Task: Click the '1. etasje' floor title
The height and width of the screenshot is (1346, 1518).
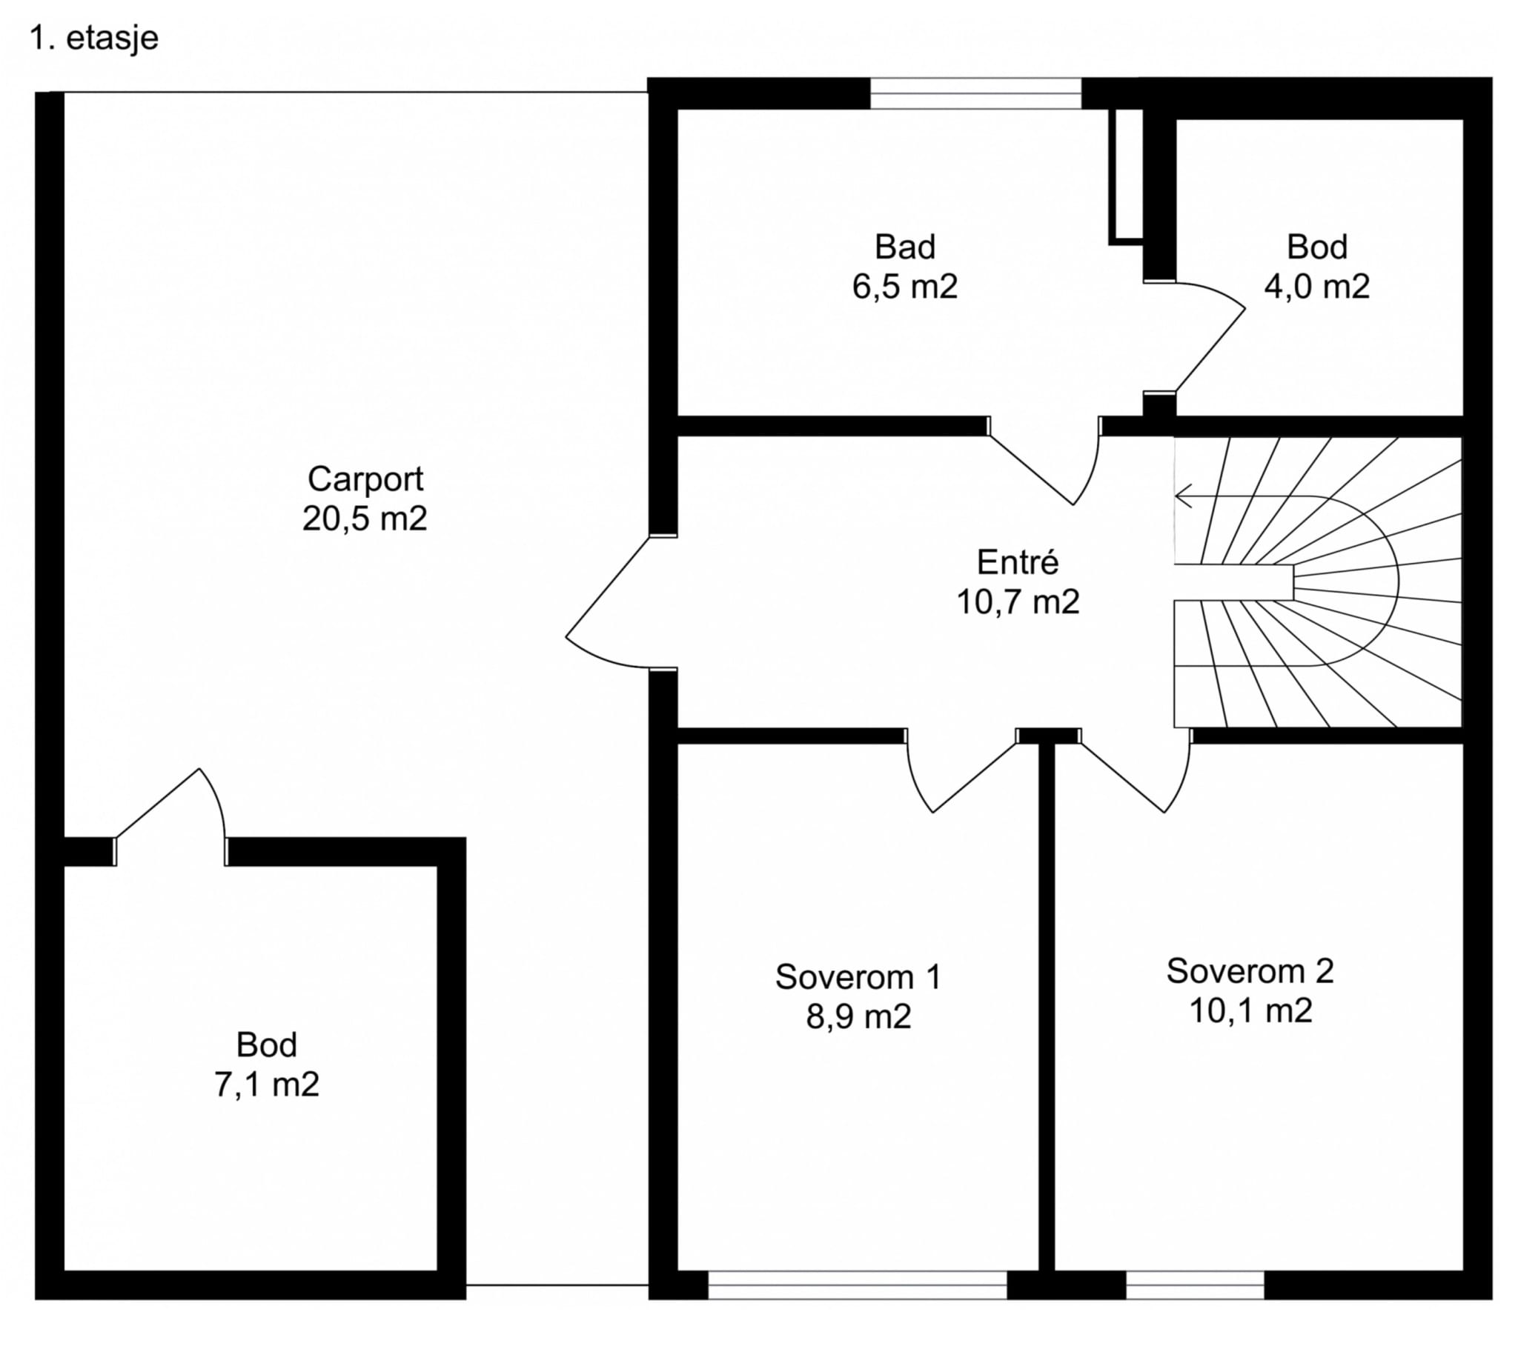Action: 93,39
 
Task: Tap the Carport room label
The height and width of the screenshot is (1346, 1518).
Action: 365,479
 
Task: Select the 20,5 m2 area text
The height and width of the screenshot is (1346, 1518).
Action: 365,519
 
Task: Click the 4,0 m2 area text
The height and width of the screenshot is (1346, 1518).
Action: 1316,287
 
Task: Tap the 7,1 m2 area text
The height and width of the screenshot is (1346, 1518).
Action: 267,1085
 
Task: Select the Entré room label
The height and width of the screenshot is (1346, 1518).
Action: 1017,563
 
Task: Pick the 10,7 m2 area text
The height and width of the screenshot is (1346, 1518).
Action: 1017,602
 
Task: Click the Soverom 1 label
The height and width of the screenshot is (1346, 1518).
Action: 858,977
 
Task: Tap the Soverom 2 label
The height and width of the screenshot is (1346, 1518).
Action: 1250,971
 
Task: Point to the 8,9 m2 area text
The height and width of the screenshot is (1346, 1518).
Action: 858,1016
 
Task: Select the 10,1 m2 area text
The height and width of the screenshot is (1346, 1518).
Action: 1250,1010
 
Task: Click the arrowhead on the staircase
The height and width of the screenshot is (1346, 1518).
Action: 1182,495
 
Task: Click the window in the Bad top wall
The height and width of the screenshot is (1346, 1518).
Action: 975,93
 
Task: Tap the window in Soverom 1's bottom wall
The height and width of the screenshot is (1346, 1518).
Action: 857,1285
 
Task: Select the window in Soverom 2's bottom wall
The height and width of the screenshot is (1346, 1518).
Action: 1194,1285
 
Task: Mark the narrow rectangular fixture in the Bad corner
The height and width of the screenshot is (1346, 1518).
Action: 1126,176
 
